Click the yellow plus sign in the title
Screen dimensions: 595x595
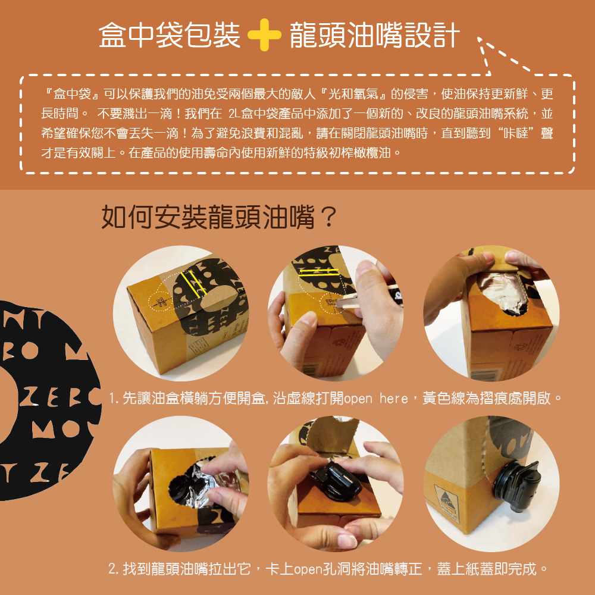[x=264, y=35]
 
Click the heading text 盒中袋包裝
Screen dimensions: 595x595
[x=170, y=35]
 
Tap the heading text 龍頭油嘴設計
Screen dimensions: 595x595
[x=375, y=35]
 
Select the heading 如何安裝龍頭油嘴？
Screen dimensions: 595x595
[x=219, y=217]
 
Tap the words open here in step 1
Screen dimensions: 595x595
[x=376, y=399]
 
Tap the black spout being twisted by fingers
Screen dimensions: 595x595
[x=337, y=481]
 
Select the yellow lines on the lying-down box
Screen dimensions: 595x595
[x=193, y=283]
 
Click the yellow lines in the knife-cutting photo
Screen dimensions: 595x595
[x=319, y=272]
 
